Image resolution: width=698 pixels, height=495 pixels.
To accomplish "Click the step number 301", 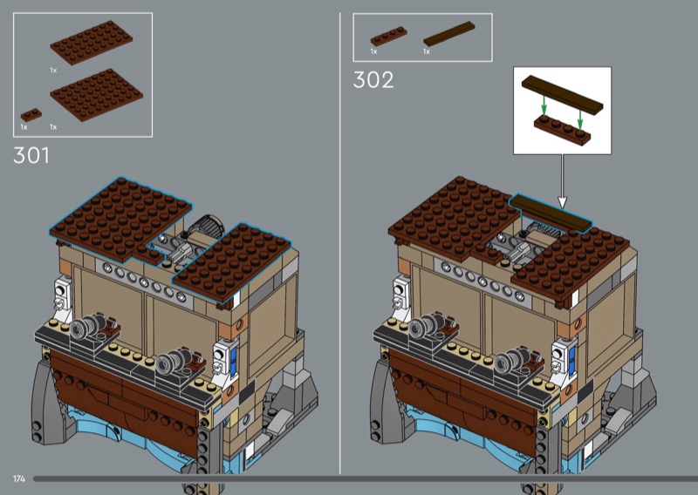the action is click(x=31, y=155).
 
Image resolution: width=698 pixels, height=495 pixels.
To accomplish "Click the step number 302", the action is click(x=373, y=80).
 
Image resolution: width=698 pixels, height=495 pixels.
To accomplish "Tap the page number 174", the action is click(x=19, y=478).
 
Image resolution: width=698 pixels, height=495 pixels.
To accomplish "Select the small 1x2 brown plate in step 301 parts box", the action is click(x=31, y=115).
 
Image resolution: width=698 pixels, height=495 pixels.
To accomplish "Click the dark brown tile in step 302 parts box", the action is click(x=449, y=34).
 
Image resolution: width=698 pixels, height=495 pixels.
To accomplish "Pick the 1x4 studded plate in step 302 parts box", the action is click(x=388, y=37).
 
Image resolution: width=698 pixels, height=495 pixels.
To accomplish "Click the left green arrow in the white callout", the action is click(x=544, y=105).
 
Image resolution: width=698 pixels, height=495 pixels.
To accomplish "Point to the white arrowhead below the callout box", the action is click(x=562, y=203).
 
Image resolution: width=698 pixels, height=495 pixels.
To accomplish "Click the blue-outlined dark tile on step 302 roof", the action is click(x=551, y=213).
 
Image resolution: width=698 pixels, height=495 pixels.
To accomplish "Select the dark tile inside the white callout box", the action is click(x=562, y=94).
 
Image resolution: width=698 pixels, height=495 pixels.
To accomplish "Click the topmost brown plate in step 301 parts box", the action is click(x=92, y=42).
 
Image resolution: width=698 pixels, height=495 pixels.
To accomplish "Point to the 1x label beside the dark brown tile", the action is click(x=427, y=51).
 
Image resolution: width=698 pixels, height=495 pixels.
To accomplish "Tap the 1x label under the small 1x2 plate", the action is click(x=24, y=127).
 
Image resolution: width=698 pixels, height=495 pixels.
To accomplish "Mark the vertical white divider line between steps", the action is click(x=340, y=243).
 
